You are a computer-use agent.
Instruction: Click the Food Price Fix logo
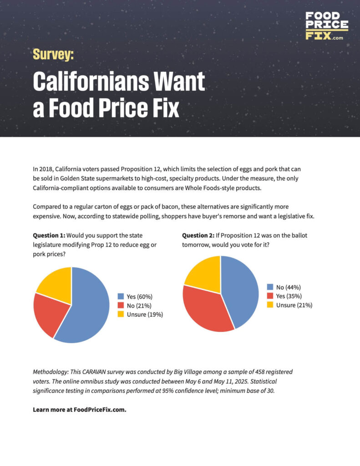point(327,26)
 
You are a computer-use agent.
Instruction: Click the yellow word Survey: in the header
point(53,55)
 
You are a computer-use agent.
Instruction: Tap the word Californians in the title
point(86,82)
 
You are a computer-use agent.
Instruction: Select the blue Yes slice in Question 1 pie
point(86,309)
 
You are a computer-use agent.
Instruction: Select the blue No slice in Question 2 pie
point(239,291)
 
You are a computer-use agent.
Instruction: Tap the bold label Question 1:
point(49,236)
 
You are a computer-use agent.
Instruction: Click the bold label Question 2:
point(199,236)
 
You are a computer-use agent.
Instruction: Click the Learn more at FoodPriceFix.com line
point(79,410)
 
